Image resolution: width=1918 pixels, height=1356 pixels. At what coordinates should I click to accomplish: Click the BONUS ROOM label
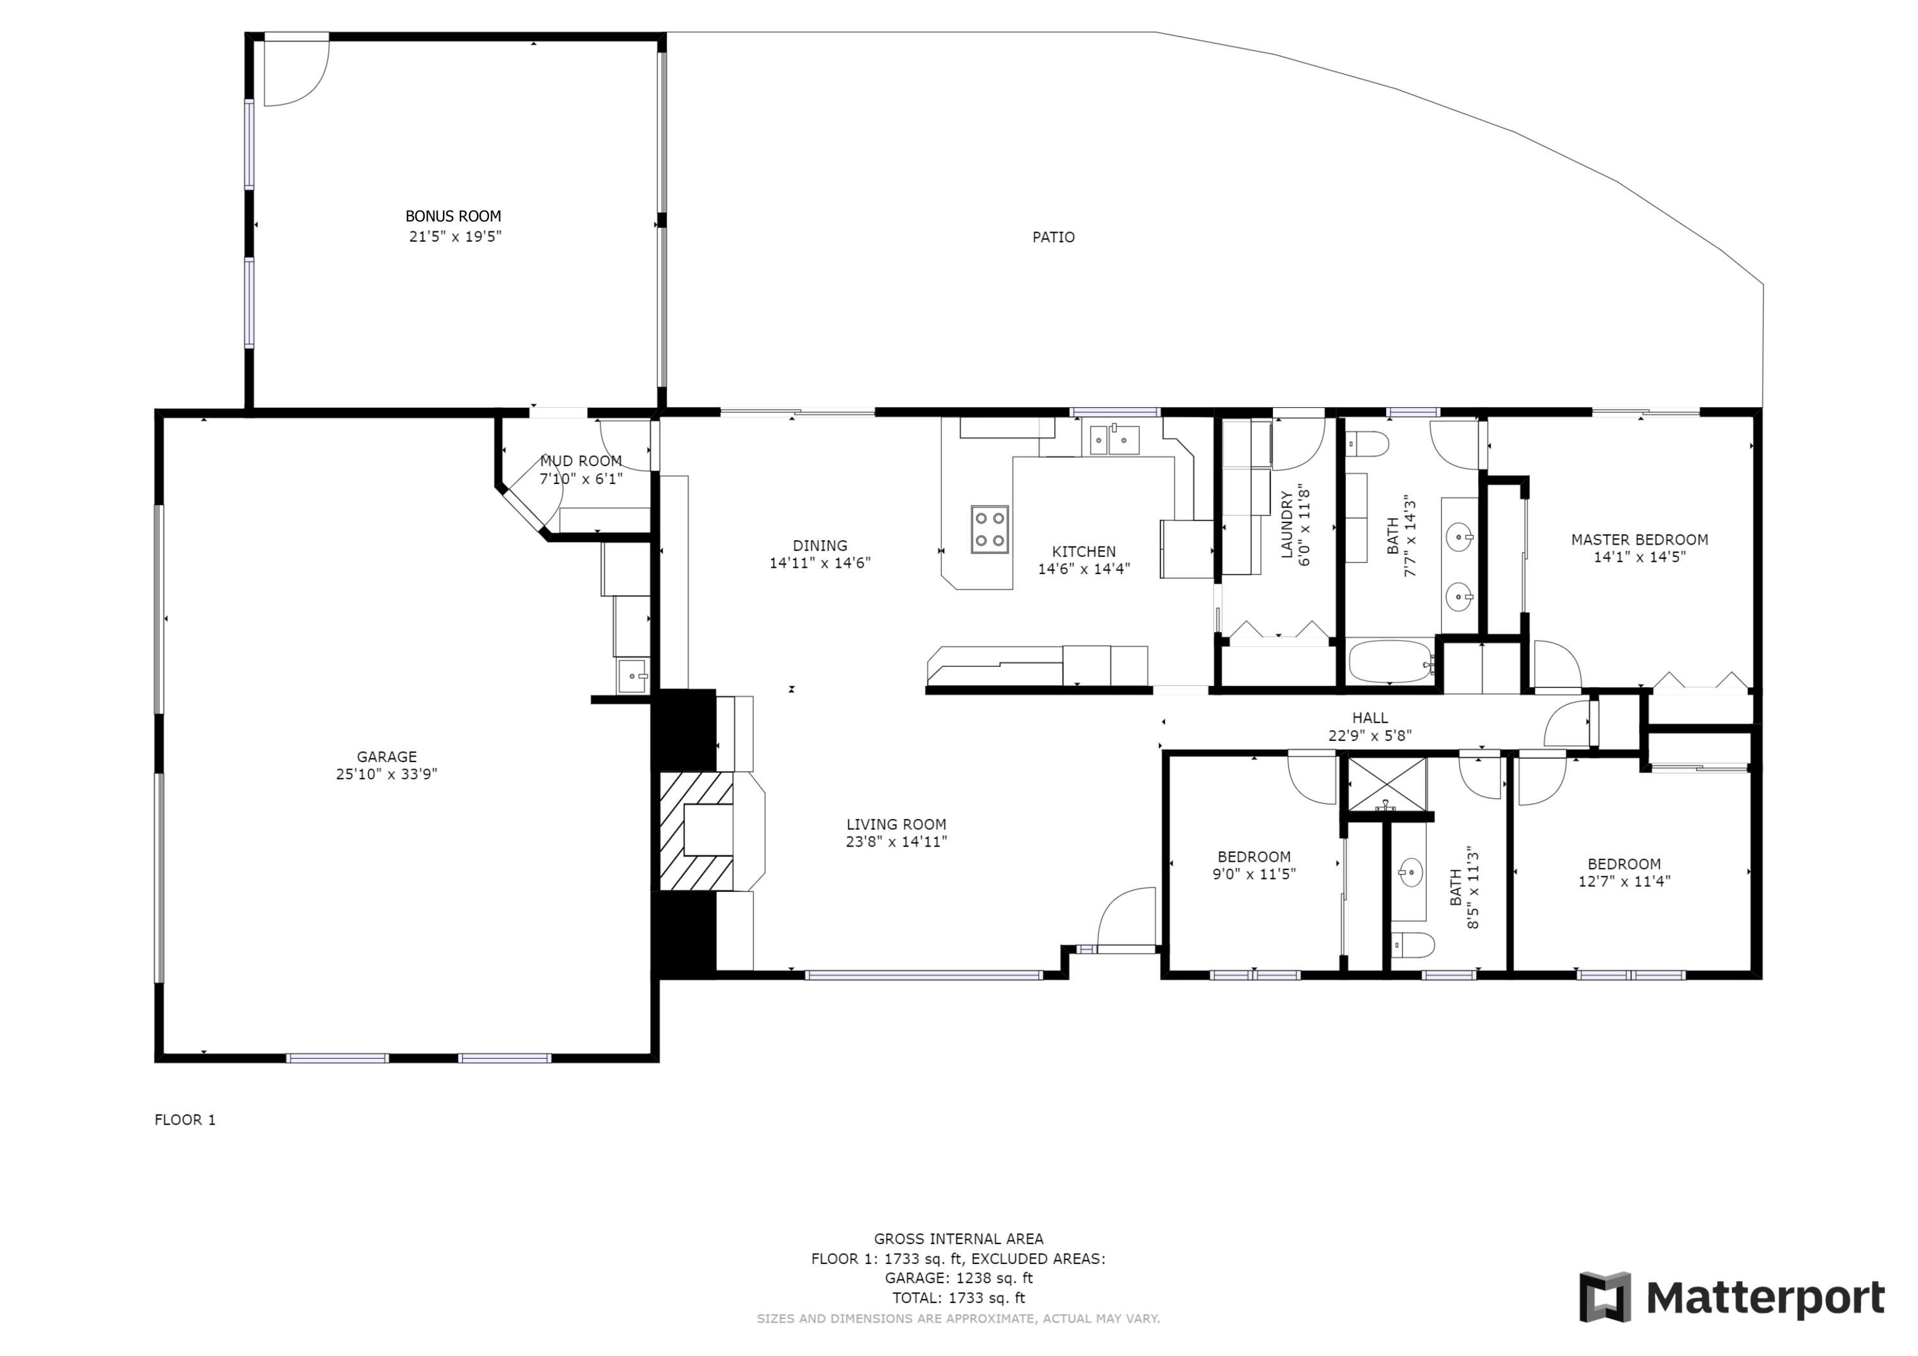[453, 216]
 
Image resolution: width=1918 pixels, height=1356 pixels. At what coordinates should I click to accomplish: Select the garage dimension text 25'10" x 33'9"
[386, 774]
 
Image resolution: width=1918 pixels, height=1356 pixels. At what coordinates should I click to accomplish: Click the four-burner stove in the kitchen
[989, 529]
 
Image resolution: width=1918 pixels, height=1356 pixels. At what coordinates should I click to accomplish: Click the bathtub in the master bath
[1390, 662]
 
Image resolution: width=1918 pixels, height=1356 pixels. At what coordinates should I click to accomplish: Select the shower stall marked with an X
[1387, 783]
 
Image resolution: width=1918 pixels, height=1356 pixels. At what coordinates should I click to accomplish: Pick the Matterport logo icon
[1604, 1298]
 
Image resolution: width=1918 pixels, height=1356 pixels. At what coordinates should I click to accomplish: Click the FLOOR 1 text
[185, 1119]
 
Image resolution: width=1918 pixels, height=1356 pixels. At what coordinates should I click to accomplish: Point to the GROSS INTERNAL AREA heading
[958, 1239]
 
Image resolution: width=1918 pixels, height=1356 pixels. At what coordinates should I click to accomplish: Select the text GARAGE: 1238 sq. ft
[958, 1277]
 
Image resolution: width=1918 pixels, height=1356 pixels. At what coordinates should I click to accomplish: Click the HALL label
[1370, 718]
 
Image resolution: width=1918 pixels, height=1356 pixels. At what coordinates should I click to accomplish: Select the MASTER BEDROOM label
[1639, 540]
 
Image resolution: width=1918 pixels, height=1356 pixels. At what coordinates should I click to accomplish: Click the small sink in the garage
[632, 676]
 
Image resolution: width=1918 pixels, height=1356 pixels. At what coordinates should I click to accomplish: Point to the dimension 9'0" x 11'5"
[1253, 874]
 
